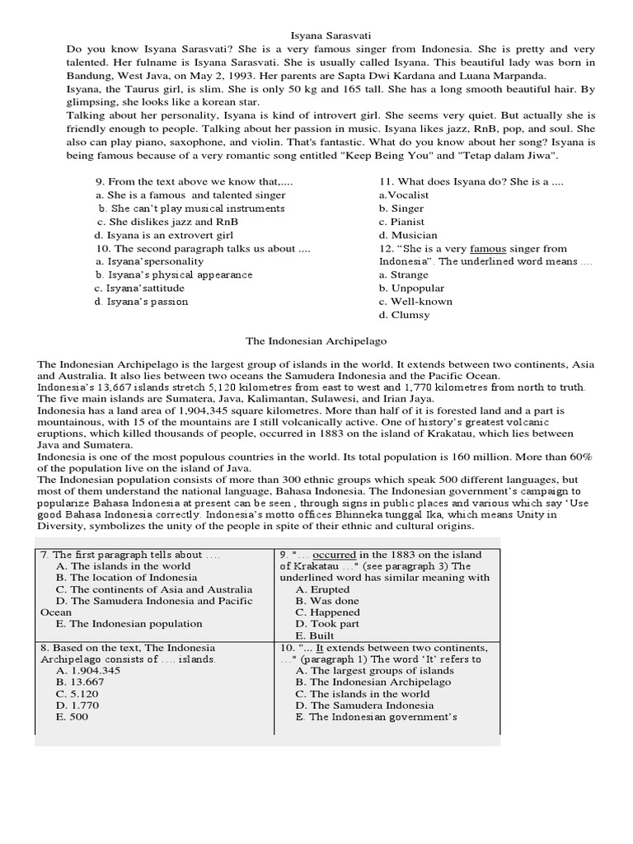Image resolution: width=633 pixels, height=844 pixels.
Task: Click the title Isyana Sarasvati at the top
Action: [x=332, y=35]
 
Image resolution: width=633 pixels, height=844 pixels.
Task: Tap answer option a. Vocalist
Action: [x=403, y=195]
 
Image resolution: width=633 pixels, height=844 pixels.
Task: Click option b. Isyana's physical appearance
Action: [x=174, y=274]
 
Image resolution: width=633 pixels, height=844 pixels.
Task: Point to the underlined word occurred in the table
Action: [x=333, y=555]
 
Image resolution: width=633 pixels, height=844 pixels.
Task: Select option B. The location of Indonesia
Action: [x=122, y=578]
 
